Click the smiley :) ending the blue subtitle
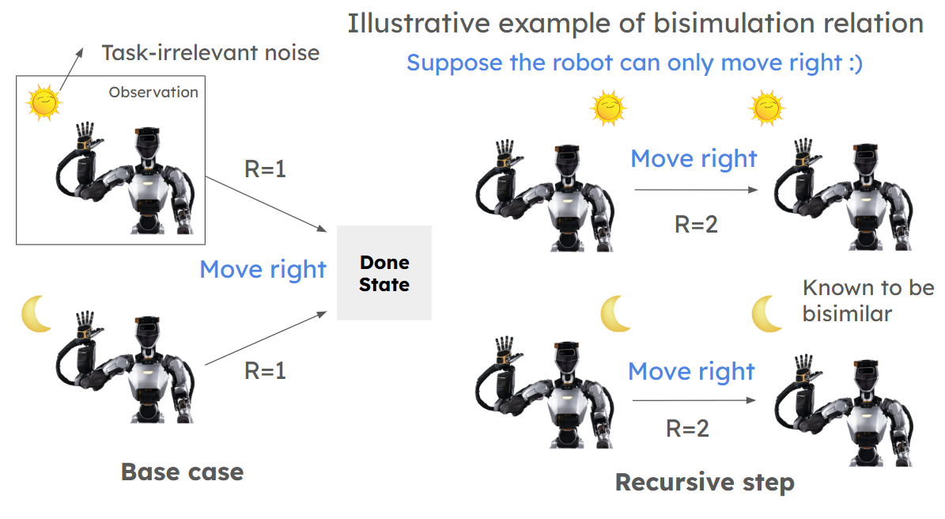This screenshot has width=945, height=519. coord(852,63)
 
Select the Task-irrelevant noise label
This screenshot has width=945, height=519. coord(210,53)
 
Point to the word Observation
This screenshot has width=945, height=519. coord(153,92)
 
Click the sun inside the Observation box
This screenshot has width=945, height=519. coord(43,103)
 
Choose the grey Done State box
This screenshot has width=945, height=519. coord(384,273)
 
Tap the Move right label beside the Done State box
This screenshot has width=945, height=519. coord(263,269)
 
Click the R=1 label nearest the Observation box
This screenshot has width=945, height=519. coord(265,169)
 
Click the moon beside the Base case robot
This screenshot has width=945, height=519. coord(36,314)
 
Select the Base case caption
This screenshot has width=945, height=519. coord(182,472)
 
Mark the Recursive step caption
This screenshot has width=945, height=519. coord(705,482)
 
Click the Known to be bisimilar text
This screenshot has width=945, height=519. coord(868,300)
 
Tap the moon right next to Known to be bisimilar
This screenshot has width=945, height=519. coord(766,313)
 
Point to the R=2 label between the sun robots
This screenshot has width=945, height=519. coord(696,224)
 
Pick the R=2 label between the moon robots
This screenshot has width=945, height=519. coord(686,429)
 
